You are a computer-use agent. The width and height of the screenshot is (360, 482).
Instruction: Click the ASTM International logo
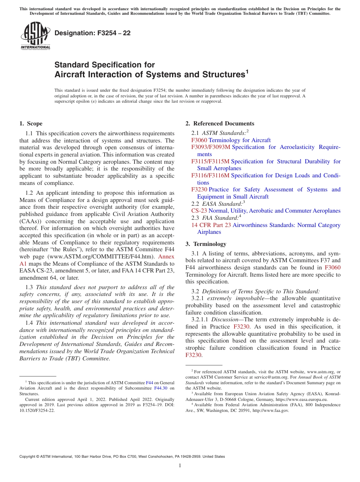(x=35, y=36)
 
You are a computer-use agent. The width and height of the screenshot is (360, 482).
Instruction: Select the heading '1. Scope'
(x=31, y=124)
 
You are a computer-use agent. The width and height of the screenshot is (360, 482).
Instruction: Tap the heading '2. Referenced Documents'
(x=220, y=124)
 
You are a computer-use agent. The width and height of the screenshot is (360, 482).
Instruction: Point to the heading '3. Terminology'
(x=206, y=244)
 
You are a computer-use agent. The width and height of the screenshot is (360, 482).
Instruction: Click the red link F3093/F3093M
(x=211, y=147)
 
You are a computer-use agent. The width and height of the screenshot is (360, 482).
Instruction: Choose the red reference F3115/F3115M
(x=210, y=161)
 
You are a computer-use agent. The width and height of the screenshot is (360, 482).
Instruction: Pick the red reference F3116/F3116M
(x=210, y=175)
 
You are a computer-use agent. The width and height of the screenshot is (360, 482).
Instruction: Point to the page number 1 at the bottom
(x=180, y=466)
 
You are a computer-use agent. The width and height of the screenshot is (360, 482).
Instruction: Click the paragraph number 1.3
(x=29, y=287)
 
